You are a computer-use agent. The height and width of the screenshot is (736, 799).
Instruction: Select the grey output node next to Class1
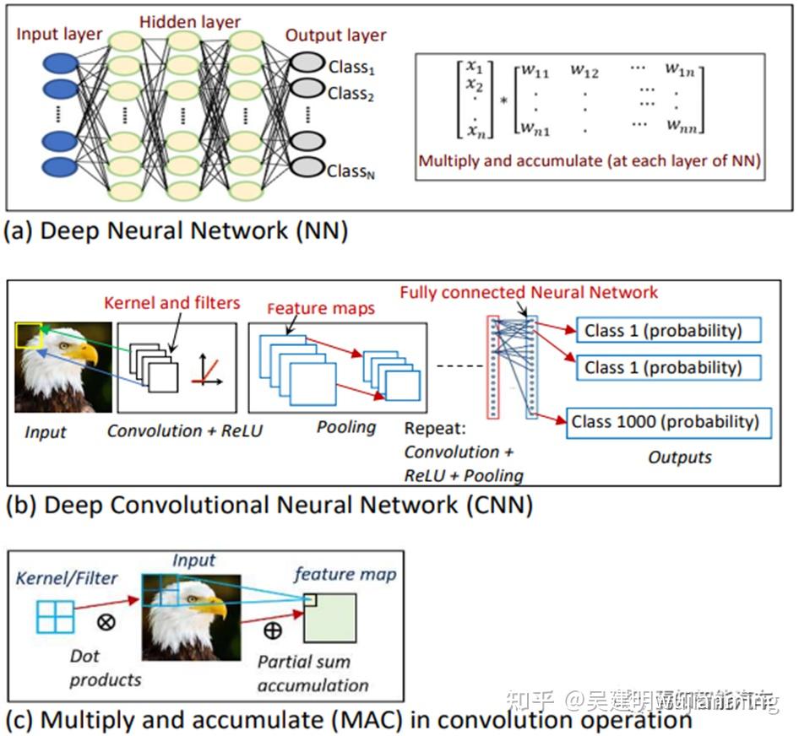[306, 63]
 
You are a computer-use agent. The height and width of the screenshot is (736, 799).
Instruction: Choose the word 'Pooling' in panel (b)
[346, 426]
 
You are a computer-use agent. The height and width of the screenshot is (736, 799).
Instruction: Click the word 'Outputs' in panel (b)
[679, 457]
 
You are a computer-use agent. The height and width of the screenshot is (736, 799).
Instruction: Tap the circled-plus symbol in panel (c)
[273, 630]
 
